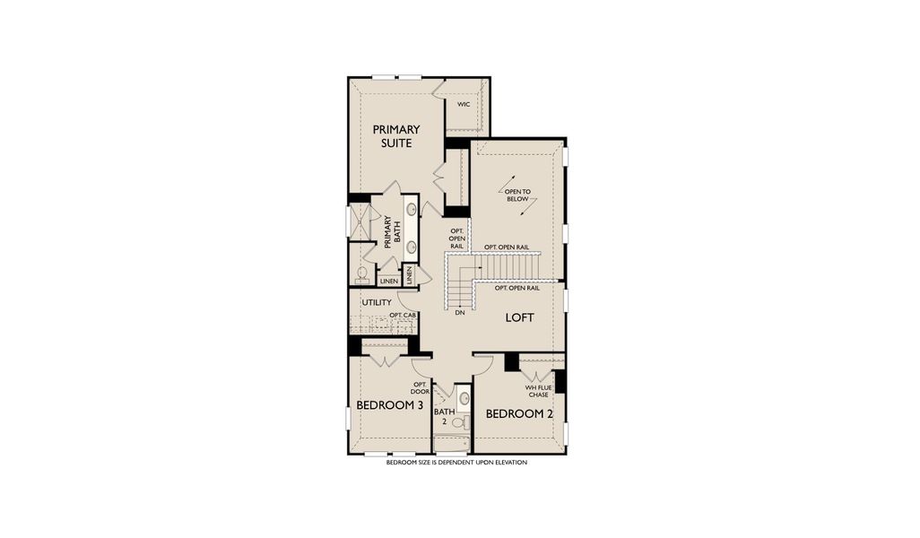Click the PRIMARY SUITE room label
396,136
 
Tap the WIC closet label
464,105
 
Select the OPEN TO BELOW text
517,195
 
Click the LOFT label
519,317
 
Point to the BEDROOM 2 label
519,414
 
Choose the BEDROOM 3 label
390,405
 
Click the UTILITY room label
377,302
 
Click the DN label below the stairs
460,314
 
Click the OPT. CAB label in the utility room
403,316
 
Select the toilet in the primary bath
362,273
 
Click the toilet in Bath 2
456,421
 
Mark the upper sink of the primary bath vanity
412,210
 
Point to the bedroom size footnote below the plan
456,463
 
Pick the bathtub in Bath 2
451,443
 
